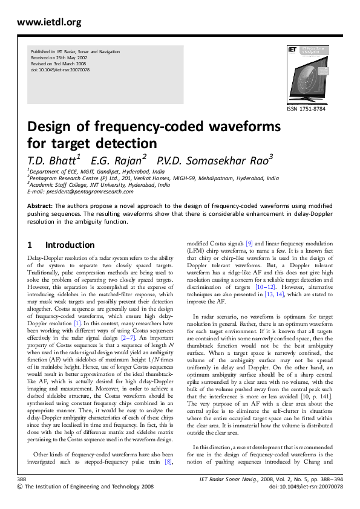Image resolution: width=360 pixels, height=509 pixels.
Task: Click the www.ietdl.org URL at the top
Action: coord(41,23)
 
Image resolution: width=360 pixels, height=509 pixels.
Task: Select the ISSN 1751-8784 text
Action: coord(307,109)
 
